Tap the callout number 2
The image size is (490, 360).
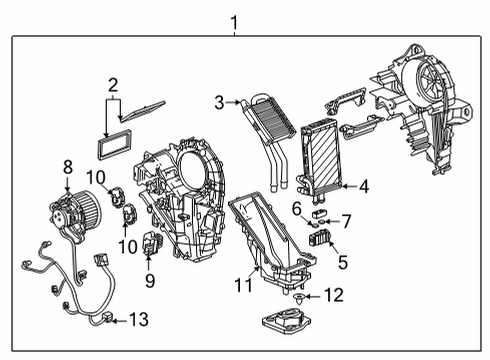pos(113,85)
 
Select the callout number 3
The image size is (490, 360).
pos(219,101)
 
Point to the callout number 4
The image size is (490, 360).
pos(363,185)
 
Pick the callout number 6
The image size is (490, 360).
pos(296,207)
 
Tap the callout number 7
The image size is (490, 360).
pos(346,219)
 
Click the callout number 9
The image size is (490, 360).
pos(150,280)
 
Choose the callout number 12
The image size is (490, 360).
pos(335,295)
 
